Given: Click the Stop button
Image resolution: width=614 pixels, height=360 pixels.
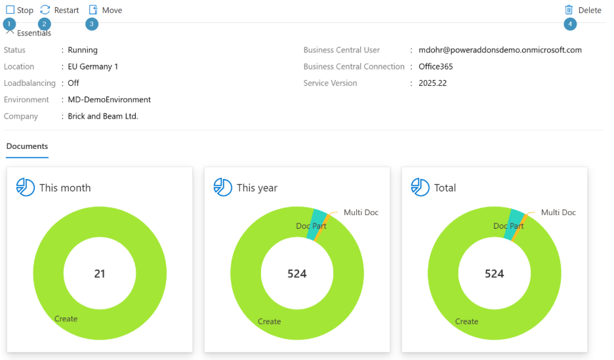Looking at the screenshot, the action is (20, 10).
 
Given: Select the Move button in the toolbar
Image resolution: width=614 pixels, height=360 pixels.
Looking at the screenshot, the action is (106, 10).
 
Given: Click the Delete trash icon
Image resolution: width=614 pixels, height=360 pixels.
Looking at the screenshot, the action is (569, 10).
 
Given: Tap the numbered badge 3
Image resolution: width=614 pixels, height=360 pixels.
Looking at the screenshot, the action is (92, 24).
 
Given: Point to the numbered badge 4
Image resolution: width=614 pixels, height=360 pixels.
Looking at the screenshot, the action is (570, 24).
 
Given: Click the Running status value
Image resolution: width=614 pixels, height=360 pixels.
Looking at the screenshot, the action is (83, 50).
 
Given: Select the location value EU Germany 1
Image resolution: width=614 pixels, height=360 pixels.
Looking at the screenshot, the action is (92, 66).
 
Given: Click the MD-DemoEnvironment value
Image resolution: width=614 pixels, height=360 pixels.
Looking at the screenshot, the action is (110, 100).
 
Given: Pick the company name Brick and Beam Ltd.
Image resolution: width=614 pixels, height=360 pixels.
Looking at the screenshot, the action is (103, 116).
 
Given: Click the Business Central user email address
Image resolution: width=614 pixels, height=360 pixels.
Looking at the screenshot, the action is (500, 50).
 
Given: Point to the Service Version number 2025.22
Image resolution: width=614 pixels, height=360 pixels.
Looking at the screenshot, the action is (433, 83).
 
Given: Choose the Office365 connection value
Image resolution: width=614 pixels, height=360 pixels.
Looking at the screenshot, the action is (436, 66).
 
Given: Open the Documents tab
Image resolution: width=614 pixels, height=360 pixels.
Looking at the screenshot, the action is (27, 146).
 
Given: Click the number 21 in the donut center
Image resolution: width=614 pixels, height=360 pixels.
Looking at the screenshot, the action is (100, 273).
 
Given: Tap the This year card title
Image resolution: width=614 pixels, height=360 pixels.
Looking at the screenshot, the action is (257, 188).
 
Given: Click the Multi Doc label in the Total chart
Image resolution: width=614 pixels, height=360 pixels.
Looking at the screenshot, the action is (558, 212).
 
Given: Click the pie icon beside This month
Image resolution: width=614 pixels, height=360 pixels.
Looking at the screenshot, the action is (26, 187).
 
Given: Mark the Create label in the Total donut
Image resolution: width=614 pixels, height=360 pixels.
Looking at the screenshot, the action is (466, 321).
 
